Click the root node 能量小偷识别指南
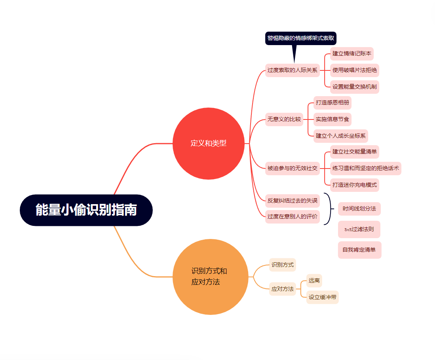coord(86,210)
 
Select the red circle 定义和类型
coord(209,143)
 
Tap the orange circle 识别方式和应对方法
coord(210,277)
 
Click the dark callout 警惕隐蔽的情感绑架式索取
coord(301,38)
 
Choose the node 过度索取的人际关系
coord(292,70)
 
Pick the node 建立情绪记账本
coord(351,53)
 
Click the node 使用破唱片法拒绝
coord(354,70)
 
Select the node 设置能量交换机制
coord(354,87)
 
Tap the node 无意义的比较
coord(284,119)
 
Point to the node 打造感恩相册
coord(332,102)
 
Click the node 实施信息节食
coord(332,119)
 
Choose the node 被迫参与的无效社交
coord(292,168)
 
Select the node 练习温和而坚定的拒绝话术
coord(366,168)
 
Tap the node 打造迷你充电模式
coord(354,185)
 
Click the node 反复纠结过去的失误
coord(292,201)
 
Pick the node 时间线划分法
coord(359,208)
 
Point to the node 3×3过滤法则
coord(359,229)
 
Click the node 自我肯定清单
coord(359,250)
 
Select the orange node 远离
coord(314,280)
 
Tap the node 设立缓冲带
coord(322,297)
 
